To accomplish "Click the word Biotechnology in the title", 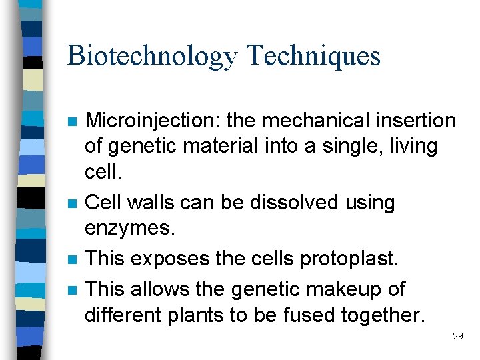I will [151, 55].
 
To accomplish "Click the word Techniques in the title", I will [313, 55].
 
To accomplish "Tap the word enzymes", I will [129, 228].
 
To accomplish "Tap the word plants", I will [199, 315].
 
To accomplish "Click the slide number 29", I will [457, 336].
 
